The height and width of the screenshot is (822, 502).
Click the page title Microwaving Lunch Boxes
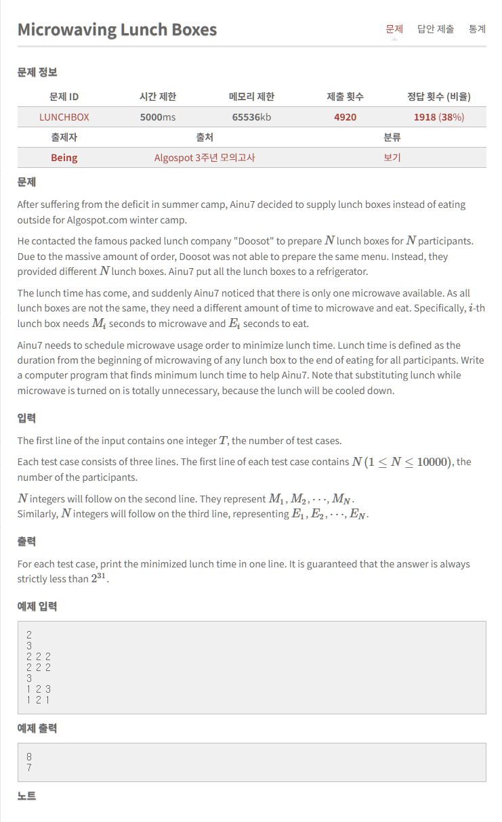(117, 30)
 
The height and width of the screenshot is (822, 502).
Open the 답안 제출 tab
(436, 29)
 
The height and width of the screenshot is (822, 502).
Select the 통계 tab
(477, 29)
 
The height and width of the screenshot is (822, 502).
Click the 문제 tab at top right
(394, 29)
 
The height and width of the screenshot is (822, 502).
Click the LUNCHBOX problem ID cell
(64, 117)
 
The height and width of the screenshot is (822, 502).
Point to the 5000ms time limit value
(158, 117)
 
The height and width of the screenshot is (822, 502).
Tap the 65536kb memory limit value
(251, 117)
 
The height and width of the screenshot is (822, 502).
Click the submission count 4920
(345, 117)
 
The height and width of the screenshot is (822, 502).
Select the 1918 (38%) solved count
(439, 117)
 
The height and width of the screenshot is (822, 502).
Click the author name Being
(64, 158)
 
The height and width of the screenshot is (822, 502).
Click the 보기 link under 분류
(392, 158)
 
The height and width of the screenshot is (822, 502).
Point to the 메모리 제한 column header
(251, 97)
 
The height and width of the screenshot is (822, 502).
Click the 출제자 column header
(64, 137)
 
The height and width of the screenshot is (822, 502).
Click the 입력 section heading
(26, 419)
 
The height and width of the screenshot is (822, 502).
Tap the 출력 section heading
(26, 542)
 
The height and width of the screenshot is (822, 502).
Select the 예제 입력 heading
(37, 607)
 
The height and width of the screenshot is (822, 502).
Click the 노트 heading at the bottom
(26, 796)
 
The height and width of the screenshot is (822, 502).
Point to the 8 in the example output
(29, 756)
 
